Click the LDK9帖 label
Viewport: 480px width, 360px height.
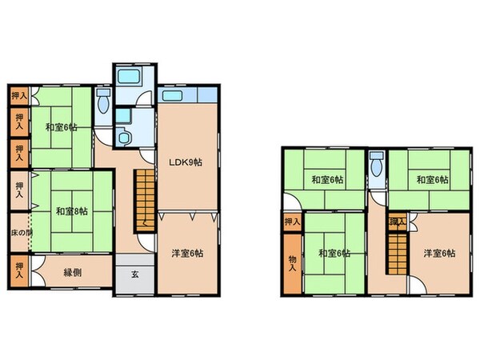click(184, 162)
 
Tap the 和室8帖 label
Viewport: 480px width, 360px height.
click(71, 212)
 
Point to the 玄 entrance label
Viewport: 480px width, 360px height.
click(134, 274)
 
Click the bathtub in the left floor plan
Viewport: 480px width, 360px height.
click(128, 78)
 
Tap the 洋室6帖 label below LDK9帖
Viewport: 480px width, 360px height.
click(186, 254)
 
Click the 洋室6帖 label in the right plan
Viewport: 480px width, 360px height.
click(439, 254)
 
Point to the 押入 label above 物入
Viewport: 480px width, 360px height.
click(292, 222)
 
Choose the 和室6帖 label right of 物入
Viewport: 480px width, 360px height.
click(334, 254)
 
